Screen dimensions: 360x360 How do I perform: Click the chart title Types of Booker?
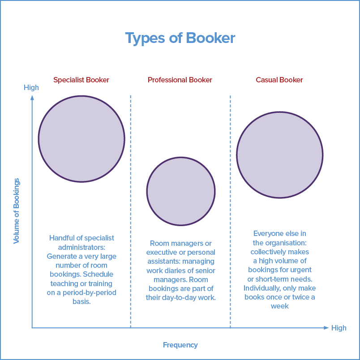pos(180,38)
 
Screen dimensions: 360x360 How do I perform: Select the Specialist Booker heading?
pos(81,80)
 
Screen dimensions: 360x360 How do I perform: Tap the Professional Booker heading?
pos(180,80)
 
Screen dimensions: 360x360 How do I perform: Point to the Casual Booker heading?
pos(279,80)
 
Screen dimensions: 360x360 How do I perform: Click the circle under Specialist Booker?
pos(81,139)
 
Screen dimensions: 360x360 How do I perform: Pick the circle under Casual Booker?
pos(279,154)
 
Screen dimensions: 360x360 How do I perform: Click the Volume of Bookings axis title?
pos(17,210)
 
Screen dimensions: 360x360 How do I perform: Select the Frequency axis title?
pos(180,345)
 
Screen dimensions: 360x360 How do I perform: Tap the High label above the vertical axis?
pos(31,88)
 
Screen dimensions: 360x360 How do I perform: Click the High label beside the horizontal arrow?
pos(339,328)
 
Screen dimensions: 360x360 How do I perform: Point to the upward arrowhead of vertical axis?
pos(32,97)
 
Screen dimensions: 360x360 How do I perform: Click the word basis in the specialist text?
pos(81,301)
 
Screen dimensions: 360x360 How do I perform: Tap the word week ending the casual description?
pos(279,306)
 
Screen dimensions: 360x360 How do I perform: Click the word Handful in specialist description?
pos(62,238)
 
